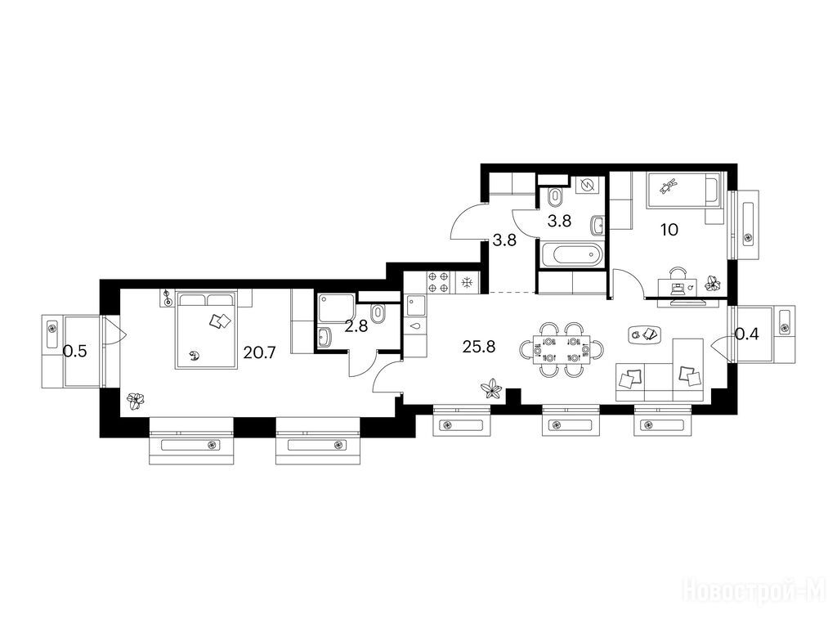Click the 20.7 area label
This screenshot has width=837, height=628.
[x=259, y=352]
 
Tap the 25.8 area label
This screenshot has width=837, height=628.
[x=479, y=347]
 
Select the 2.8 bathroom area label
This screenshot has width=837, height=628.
[x=356, y=326]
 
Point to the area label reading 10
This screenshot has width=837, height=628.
[x=669, y=230]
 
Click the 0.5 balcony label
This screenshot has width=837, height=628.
[x=74, y=352]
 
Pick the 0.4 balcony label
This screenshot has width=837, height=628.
[x=747, y=334]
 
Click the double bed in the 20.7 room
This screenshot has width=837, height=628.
[x=206, y=330]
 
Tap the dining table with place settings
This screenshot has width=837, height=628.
[x=562, y=350]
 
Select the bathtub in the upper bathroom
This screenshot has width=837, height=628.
[x=571, y=254]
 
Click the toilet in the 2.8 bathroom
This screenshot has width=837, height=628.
[x=378, y=314]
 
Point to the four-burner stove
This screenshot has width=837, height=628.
[x=438, y=282]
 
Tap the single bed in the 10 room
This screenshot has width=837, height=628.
[x=682, y=189]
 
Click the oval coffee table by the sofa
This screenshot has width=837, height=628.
[x=646, y=334]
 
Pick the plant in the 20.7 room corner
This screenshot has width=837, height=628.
[x=137, y=401]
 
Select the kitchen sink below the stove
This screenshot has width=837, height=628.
[x=416, y=306]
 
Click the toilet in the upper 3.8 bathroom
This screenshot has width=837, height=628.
[x=555, y=198]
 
